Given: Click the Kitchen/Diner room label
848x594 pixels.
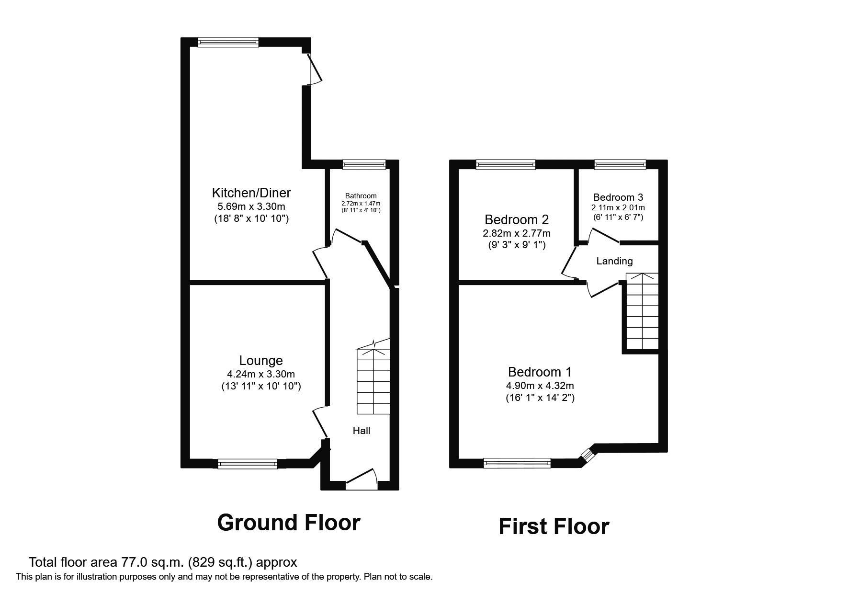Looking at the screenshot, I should click(251, 193).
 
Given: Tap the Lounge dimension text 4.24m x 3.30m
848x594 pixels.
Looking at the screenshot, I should click(261, 374).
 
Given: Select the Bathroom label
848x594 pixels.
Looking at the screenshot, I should click(361, 196).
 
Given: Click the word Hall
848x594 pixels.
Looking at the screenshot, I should click(361, 431).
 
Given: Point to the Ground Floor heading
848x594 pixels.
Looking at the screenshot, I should click(288, 523).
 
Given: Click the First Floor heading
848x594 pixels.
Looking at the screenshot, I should click(554, 526).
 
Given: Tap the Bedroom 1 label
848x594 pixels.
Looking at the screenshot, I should click(540, 372).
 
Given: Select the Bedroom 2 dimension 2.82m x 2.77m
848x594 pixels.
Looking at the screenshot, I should click(517, 233).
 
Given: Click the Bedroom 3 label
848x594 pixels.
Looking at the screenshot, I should click(618, 197).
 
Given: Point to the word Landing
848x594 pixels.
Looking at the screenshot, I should click(614, 261).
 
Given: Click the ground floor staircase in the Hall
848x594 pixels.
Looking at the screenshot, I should click(373, 381).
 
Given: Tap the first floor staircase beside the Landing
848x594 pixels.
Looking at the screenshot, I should click(642, 311).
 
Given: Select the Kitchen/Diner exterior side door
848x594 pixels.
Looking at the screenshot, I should click(314, 69).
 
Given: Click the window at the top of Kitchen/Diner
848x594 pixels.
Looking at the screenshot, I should click(228, 42).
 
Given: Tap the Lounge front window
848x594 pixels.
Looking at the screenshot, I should click(248, 464).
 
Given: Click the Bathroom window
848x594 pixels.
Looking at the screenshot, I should click(364, 165).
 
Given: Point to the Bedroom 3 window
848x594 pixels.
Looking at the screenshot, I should click(620, 165).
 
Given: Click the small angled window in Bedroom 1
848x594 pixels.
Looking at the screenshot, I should click(587, 454).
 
